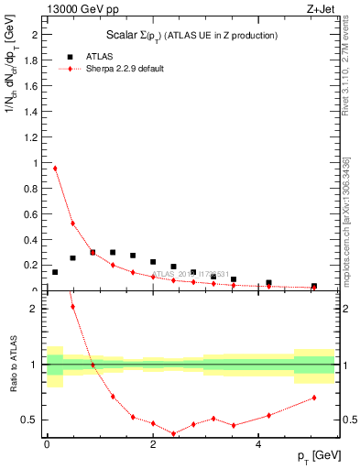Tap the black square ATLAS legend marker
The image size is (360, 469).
point(68,56)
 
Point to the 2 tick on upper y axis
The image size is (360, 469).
point(37,36)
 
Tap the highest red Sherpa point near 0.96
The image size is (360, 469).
point(55,168)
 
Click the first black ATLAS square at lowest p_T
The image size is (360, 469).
point(55,272)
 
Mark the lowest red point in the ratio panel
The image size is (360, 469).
point(173,433)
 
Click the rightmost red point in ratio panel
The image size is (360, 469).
point(314,398)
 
